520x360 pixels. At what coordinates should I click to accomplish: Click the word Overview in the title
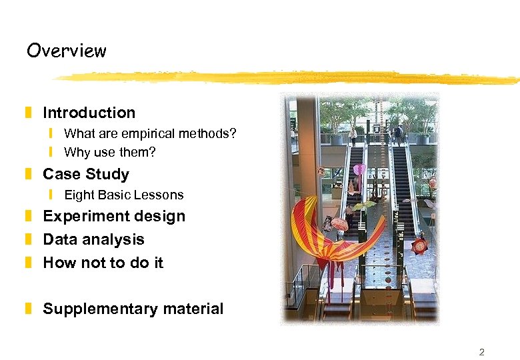tap(66, 51)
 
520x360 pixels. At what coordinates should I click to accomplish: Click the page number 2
tap(482, 352)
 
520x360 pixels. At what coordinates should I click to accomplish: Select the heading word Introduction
tap(89, 113)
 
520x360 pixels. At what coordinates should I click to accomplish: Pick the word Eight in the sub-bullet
tap(78, 195)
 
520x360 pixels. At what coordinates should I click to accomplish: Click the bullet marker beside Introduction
tap(29, 113)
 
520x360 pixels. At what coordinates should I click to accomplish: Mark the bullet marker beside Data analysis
tap(29, 239)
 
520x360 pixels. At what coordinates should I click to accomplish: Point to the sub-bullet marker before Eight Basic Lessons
tap(50, 195)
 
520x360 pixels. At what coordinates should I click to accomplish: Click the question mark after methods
tap(233, 134)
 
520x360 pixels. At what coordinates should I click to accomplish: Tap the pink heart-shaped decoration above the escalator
tap(359, 170)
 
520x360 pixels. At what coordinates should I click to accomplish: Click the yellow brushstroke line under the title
tap(287, 78)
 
